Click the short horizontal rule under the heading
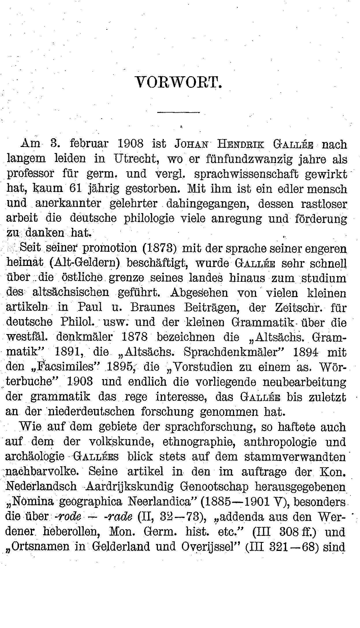point(179,112)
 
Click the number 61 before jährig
point(76,189)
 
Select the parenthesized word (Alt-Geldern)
point(85,263)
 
